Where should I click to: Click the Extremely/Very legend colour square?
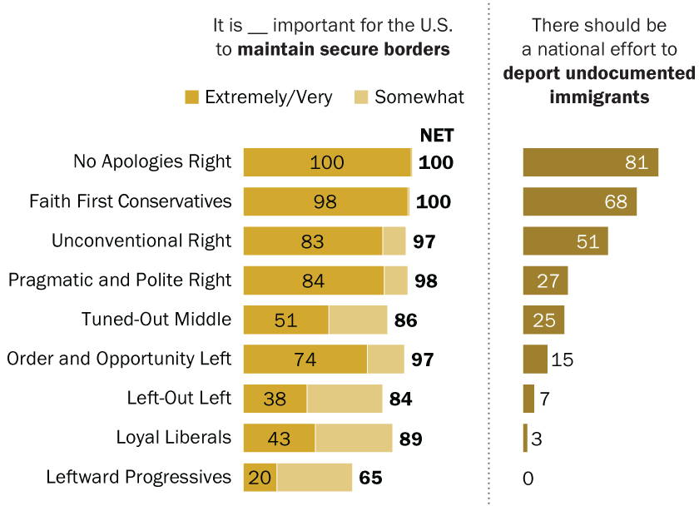click(x=191, y=97)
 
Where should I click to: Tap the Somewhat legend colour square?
click(x=361, y=97)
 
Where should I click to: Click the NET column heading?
click(x=437, y=135)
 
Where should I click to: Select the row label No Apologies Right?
click(x=152, y=161)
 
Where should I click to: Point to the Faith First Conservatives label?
click(x=131, y=201)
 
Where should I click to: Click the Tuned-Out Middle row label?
click(x=156, y=320)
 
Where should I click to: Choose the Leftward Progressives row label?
click(x=139, y=477)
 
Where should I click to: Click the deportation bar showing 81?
click(x=591, y=162)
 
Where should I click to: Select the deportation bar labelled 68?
click(x=580, y=201)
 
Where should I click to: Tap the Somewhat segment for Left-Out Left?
click(x=345, y=399)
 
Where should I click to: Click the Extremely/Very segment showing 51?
click(x=286, y=320)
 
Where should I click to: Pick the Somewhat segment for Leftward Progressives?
click(x=315, y=478)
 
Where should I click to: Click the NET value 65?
click(x=370, y=478)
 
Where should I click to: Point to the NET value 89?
click(x=411, y=439)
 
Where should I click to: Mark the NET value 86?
click(x=406, y=320)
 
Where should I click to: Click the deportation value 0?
click(x=528, y=479)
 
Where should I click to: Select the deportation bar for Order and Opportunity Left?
click(x=535, y=359)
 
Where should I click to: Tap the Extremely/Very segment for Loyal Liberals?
click(x=280, y=438)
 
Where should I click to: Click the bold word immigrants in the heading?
click(x=599, y=97)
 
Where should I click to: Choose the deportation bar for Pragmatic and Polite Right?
click(x=546, y=280)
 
